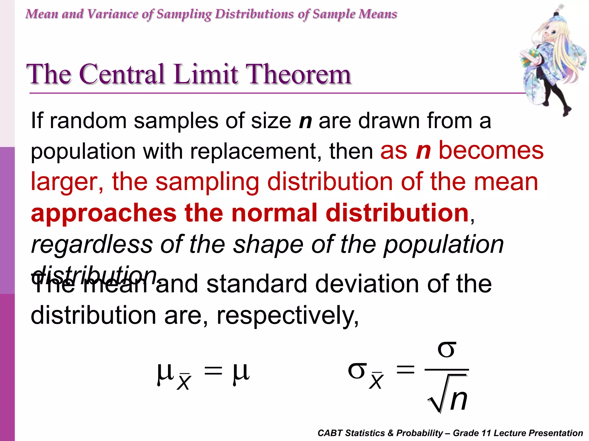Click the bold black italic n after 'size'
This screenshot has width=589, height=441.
point(305,121)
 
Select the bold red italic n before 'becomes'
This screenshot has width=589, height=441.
point(423,151)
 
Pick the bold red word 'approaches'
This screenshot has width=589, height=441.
point(104,213)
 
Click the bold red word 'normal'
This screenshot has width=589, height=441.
point(274,213)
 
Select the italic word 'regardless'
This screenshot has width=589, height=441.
point(92,245)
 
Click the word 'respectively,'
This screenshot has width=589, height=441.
point(288,316)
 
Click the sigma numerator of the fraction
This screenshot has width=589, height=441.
point(447,350)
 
